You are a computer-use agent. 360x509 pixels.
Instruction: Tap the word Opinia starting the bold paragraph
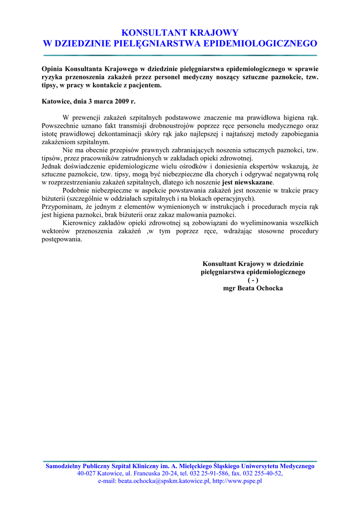coord(52,69)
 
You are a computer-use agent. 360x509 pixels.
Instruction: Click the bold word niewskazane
coord(252,182)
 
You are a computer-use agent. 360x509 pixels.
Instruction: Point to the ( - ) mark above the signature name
coord(253,280)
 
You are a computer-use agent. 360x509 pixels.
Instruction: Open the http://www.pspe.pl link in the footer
coord(237,481)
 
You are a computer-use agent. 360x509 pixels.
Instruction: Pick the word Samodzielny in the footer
coord(64,466)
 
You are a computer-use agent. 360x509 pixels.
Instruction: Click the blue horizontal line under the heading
coord(180,55)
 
